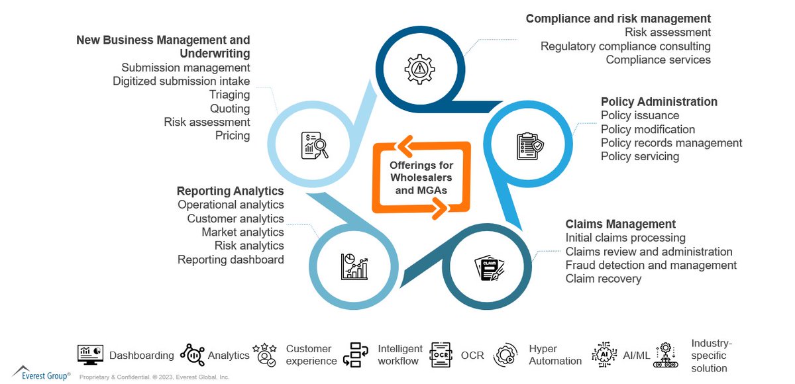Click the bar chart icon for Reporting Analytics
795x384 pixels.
(354, 267)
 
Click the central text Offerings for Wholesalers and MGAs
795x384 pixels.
(421, 177)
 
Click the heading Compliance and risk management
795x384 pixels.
(618, 19)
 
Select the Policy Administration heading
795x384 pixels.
(659, 102)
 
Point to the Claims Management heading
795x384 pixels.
(620, 224)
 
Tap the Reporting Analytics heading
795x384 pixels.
(230, 191)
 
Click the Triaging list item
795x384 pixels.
(229, 95)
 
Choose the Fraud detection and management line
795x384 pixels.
(651, 265)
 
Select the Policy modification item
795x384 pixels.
(647, 129)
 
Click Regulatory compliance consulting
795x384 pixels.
(625, 46)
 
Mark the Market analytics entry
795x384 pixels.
(242, 232)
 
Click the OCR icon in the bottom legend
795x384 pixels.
(441, 355)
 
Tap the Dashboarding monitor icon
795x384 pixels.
(90, 355)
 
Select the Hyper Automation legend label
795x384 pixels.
(555, 355)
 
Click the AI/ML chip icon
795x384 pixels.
(604, 355)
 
